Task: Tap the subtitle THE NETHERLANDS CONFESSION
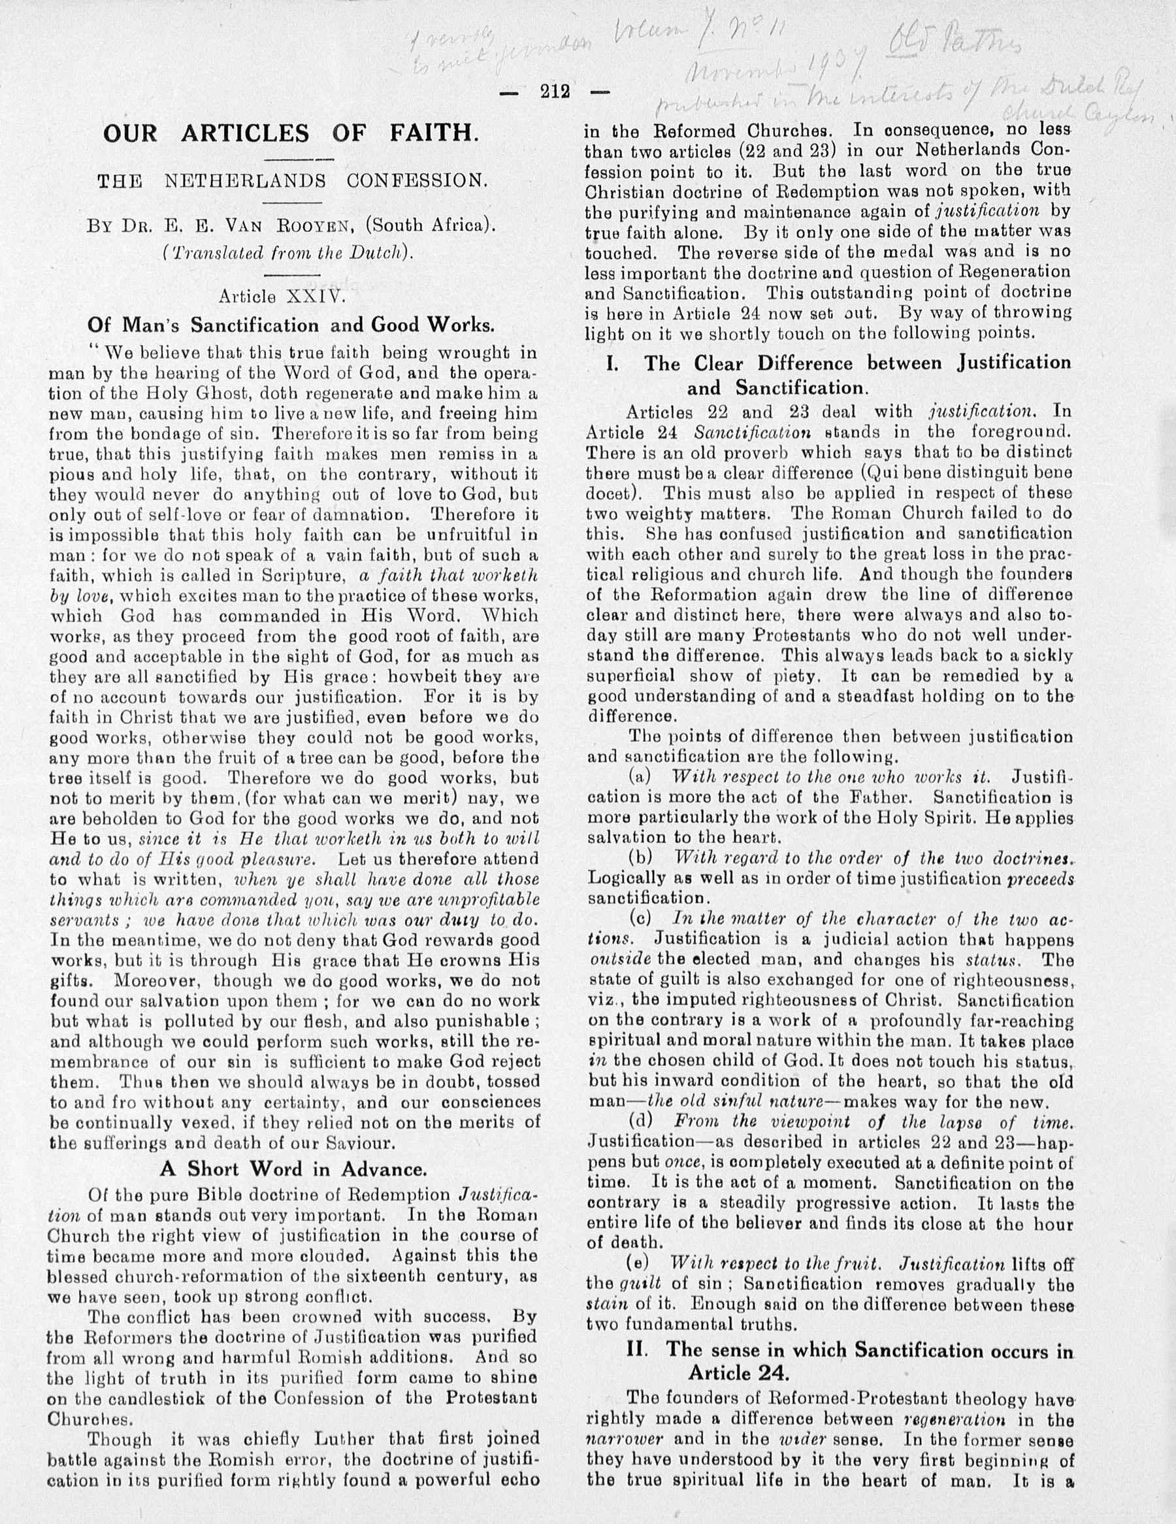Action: [291, 182]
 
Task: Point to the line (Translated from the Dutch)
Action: [287, 252]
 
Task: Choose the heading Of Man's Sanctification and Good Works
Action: [291, 325]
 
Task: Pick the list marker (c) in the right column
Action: [640, 919]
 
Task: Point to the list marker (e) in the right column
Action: [640, 1264]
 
